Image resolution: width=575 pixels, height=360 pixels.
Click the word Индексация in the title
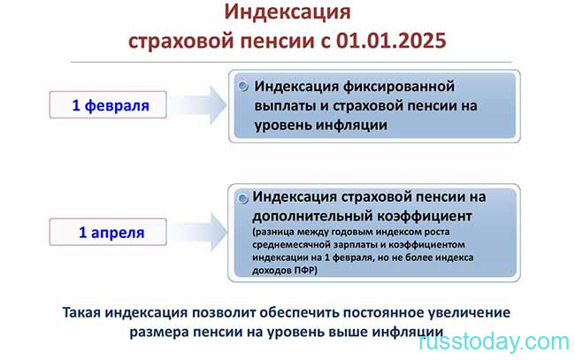(x=287, y=12)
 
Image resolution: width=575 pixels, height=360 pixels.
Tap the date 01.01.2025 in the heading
(x=391, y=40)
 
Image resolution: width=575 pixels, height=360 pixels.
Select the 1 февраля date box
(x=108, y=105)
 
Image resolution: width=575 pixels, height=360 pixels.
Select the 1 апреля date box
(x=108, y=232)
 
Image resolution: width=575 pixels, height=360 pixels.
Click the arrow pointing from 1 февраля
(x=198, y=105)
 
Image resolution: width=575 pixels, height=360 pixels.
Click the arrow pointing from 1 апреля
(x=198, y=232)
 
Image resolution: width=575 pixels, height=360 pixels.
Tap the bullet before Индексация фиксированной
(x=242, y=87)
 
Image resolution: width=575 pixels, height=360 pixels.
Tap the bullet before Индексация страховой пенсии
(x=242, y=198)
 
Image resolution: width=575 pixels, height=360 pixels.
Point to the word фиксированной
(x=399, y=87)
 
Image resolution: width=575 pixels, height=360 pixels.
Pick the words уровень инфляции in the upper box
(x=321, y=126)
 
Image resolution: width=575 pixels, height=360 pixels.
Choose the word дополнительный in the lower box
(x=312, y=217)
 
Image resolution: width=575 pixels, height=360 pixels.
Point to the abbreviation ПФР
(x=304, y=270)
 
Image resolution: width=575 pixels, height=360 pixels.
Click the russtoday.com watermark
(x=494, y=341)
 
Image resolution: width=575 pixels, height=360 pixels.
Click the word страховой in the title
(x=181, y=41)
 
